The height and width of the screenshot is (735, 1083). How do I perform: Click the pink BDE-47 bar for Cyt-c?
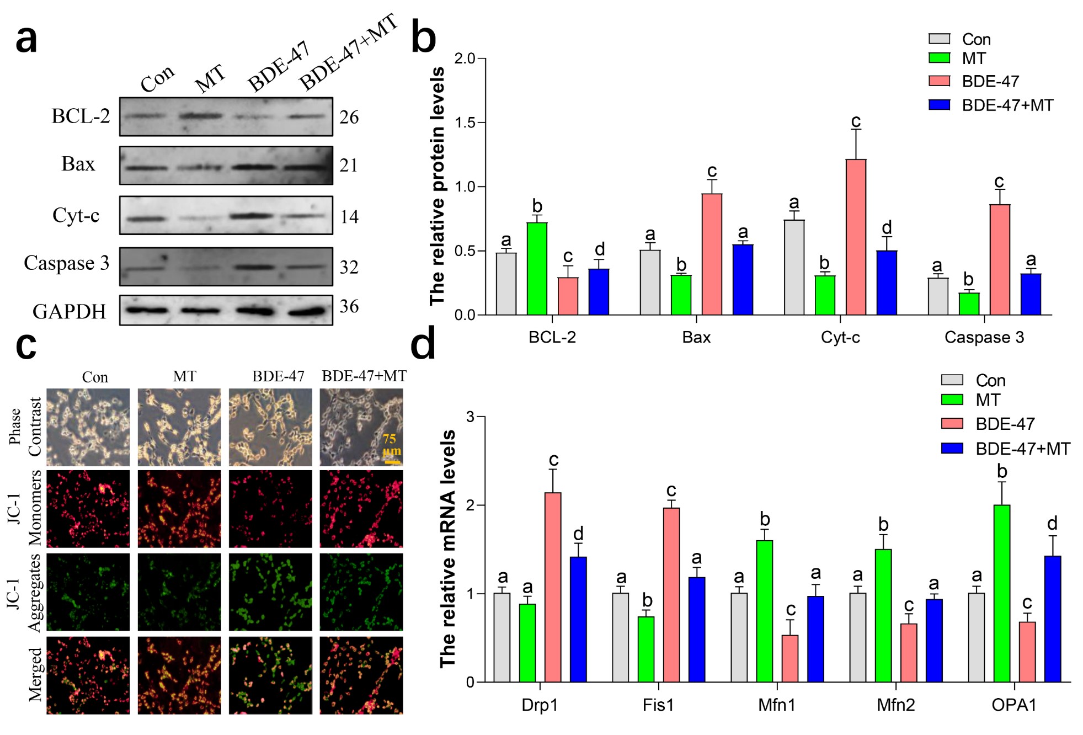(855, 237)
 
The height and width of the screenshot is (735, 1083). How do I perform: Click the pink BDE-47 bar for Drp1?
(552, 587)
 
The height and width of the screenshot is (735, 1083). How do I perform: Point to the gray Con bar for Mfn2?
(857, 637)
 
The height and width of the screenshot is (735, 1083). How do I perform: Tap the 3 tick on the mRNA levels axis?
(470, 417)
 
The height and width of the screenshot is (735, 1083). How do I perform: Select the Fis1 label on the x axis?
(658, 705)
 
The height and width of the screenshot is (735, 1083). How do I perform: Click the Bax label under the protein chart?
(696, 337)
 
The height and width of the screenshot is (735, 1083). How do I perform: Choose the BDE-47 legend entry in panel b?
(990, 82)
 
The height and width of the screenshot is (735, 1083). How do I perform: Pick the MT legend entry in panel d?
(987, 400)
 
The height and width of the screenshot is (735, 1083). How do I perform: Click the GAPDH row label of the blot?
(69, 312)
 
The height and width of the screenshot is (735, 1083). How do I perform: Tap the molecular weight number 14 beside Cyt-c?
(349, 217)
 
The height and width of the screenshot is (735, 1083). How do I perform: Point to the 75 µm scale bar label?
(390, 445)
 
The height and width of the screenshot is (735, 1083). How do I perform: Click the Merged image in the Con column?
(88, 675)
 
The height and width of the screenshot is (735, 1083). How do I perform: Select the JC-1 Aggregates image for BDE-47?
(270, 592)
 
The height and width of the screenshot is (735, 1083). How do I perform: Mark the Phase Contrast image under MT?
(179, 427)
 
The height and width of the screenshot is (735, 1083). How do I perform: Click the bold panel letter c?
(26, 346)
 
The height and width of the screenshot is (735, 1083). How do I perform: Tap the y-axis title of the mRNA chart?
(448, 549)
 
